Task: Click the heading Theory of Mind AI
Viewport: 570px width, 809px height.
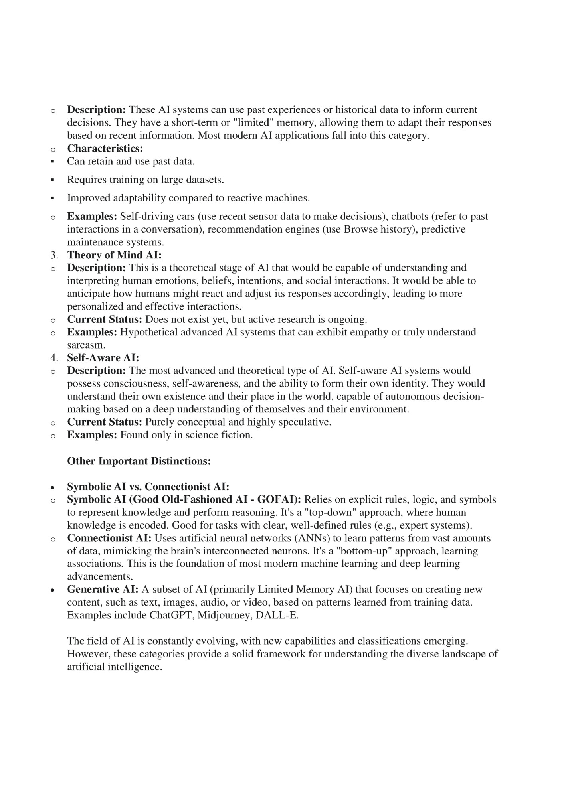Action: click(114, 255)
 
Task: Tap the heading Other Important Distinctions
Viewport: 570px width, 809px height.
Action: click(139, 461)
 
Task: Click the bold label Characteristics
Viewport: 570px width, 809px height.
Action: click(105, 149)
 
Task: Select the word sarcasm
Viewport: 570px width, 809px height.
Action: click(85, 345)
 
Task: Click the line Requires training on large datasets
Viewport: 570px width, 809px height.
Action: click(145, 180)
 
